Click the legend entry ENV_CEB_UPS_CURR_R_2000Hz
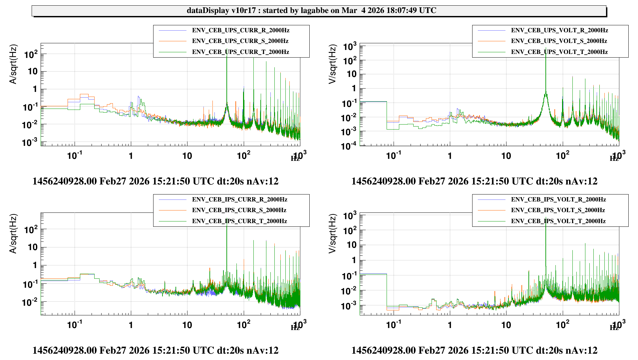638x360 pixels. point(240,30)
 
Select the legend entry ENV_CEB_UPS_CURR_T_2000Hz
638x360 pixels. point(240,52)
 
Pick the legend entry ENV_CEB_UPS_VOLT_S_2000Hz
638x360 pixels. point(559,41)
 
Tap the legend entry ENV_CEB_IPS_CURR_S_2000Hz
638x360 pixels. point(239,210)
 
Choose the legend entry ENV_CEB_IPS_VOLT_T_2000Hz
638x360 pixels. point(558,221)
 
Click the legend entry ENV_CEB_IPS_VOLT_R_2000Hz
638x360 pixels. point(558,199)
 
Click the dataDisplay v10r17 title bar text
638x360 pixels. point(311,11)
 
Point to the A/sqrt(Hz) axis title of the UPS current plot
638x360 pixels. point(13,64)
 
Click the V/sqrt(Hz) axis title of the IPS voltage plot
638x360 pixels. point(332,233)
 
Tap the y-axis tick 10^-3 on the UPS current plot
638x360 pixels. point(29,142)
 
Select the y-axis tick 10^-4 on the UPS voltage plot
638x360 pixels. point(348,146)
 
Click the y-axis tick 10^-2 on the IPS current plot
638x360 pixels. point(29,302)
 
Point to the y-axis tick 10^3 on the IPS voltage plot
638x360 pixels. point(350,215)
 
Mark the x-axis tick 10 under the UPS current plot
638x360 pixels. point(187,156)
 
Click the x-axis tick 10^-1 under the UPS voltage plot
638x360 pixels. point(393,155)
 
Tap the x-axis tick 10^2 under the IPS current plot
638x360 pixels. point(243,324)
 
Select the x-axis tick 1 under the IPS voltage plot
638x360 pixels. point(450,325)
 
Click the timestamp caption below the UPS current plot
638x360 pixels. point(155,181)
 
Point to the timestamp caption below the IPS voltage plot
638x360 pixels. point(474,350)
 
